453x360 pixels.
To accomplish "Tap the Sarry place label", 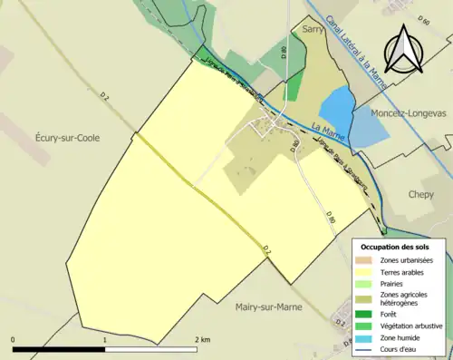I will pyautogui.click(x=313, y=30).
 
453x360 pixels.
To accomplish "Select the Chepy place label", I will pyautogui.click(x=421, y=194).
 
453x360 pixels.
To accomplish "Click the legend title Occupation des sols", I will pyautogui.click(x=395, y=247).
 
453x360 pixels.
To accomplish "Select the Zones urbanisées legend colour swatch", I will pyautogui.click(x=364, y=260).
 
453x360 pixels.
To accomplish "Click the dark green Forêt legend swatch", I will pyautogui.click(x=364, y=314).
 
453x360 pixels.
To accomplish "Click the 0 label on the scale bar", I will pyautogui.click(x=14, y=339).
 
